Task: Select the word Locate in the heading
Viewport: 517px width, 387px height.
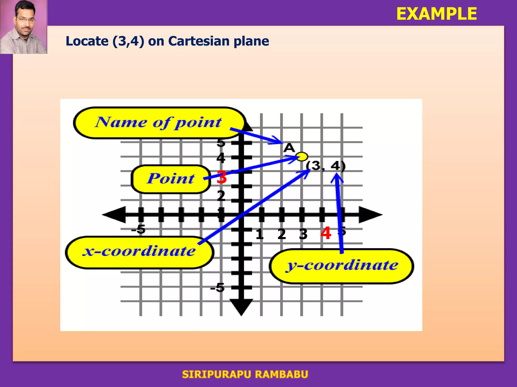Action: click(87, 41)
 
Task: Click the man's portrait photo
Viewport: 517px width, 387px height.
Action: click(23, 27)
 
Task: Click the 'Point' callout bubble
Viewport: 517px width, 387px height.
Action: click(171, 179)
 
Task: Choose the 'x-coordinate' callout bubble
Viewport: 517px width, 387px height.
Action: click(139, 252)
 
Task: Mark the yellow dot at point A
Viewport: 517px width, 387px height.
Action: click(302, 156)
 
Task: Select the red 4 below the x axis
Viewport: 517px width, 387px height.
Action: click(326, 233)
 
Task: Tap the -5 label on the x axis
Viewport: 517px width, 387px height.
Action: click(138, 229)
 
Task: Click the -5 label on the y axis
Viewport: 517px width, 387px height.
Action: click(217, 287)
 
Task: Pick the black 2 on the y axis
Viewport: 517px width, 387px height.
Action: click(221, 196)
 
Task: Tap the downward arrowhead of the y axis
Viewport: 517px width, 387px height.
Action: click(241, 307)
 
